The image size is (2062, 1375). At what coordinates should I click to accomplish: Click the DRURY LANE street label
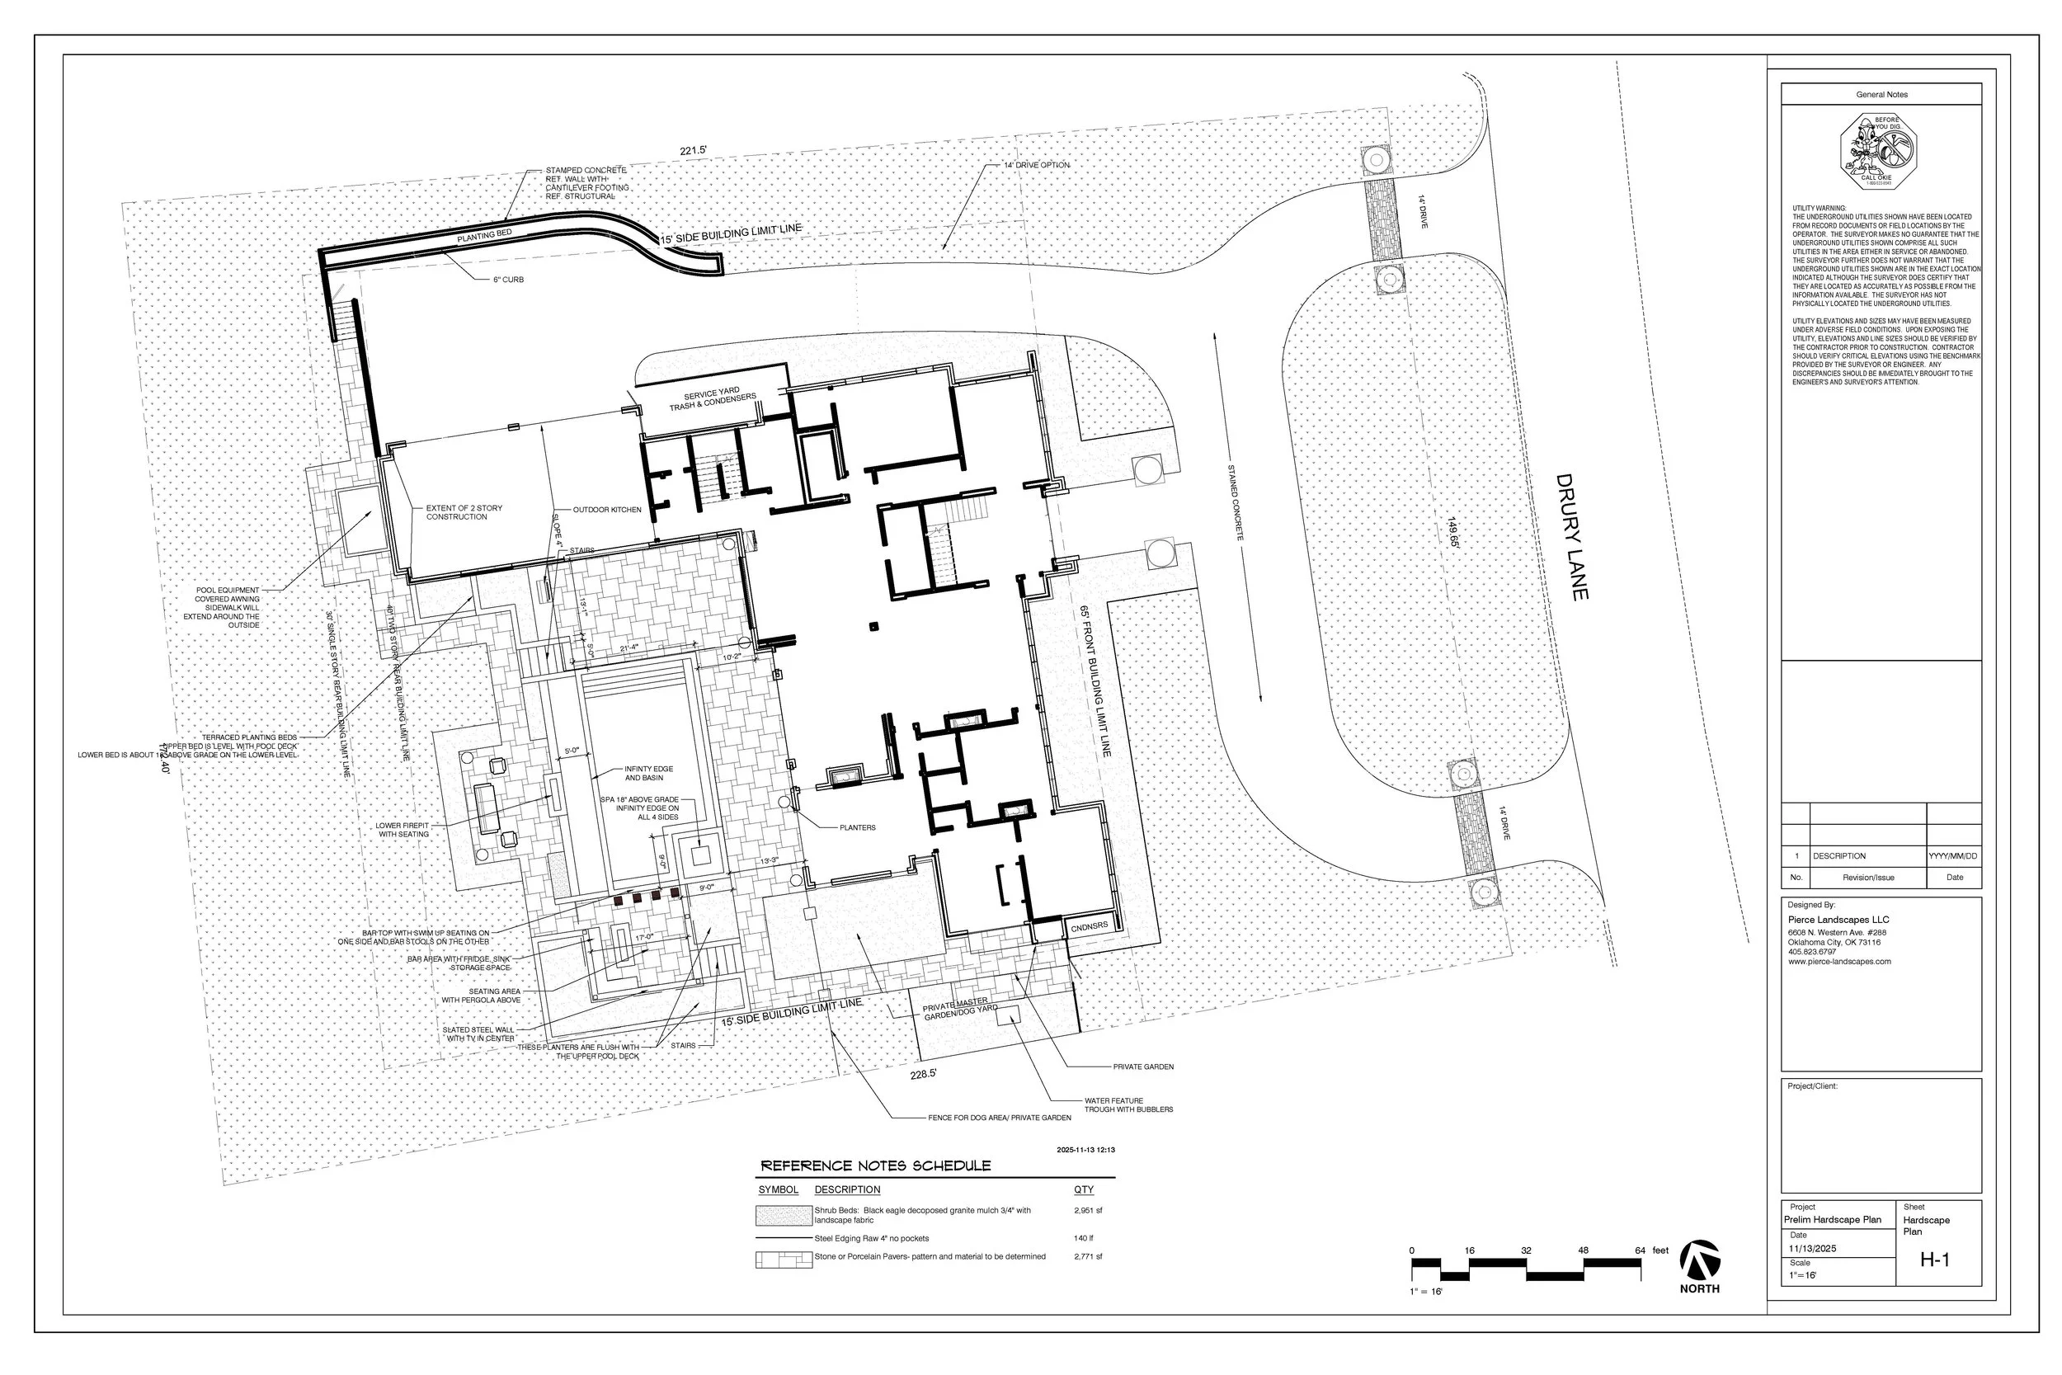[1572, 538]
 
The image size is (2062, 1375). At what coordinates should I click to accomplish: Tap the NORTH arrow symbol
[1699, 1261]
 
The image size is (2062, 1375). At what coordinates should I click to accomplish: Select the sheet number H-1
[1934, 1260]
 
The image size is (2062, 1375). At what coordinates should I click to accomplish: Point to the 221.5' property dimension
[693, 151]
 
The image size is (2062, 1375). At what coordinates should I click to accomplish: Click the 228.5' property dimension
[923, 1073]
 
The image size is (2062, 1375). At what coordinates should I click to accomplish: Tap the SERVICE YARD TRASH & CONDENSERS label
[712, 399]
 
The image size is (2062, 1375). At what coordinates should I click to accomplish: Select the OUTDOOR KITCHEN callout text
[607, 510]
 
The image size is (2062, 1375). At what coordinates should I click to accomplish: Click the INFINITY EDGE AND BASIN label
[648, 773]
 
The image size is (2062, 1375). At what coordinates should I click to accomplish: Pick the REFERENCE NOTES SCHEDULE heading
[875, 1165]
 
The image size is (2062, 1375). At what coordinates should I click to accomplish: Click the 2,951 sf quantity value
[1087, 1210]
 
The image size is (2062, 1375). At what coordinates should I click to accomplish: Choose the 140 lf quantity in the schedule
[1083, 1238]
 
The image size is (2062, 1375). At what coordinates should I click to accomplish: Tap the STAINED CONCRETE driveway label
[1235, 502]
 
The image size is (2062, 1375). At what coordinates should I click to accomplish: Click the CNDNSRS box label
[1089, 926]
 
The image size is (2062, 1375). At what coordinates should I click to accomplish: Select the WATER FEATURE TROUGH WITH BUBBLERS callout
[1128, 1105]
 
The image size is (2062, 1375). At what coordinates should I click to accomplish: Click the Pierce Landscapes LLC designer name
[1838, 920]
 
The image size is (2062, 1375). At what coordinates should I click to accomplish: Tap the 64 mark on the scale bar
[1640, 1250]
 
